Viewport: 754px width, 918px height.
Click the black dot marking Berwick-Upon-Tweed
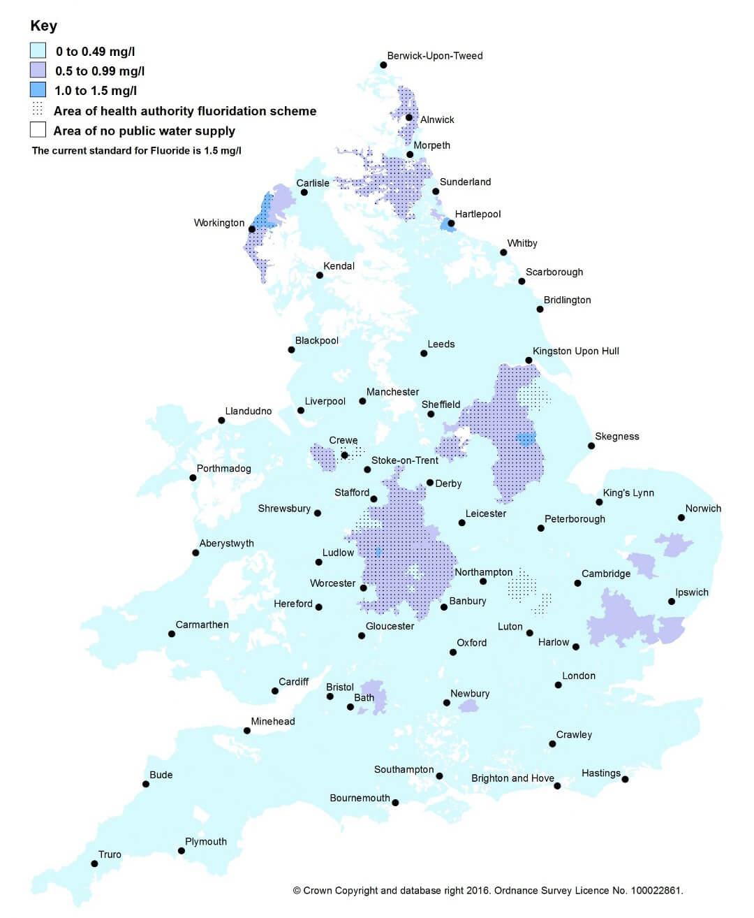point(383,66)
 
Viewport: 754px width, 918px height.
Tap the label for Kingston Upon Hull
point(575,351)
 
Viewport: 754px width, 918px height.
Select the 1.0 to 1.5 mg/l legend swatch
point(38,90)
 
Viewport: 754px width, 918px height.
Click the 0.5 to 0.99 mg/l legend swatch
point(38,70)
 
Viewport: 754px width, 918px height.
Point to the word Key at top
point(43,26)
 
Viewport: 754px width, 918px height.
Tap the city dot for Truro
point(94,864)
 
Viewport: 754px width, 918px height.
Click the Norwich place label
point(703,509)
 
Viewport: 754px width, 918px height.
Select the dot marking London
point(559,685)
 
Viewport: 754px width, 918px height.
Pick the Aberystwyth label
point(226,544)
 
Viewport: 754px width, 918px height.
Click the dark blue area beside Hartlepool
point(446,224)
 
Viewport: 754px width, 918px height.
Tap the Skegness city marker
point(591,446)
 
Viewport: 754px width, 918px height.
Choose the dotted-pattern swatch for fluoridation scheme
point(38,110)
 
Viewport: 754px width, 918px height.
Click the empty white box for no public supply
point(38,131)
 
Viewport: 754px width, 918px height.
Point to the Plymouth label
point(205,842)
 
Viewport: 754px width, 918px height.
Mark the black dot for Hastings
point(625,779)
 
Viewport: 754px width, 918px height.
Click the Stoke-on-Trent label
point(404,460)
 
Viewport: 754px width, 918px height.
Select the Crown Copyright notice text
point(488,891)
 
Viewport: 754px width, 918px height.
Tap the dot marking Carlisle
point(304,192)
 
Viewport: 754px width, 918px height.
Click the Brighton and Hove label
point(512,778)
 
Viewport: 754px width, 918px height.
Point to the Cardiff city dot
point(275,691)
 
